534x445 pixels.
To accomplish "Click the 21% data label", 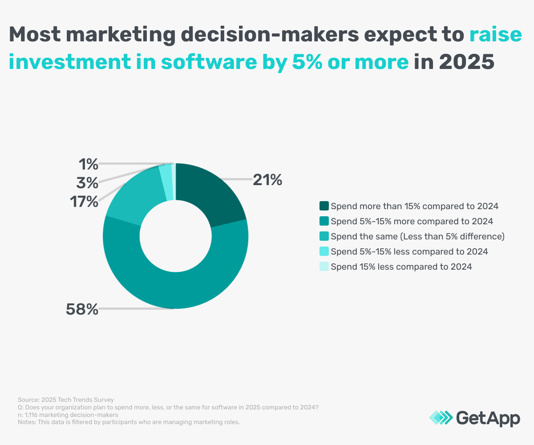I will (267, 180).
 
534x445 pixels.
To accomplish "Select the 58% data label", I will (82, 309).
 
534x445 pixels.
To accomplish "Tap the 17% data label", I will (84, 202).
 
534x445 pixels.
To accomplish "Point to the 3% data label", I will (87, 182).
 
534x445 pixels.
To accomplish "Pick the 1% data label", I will (88, 165).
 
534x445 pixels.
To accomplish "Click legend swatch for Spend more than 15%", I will (324, 206).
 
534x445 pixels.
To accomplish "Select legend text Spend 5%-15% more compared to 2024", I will (412, 221).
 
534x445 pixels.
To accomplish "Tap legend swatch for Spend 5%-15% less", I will (324, 251).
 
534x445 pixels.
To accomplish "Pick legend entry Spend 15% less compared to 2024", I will (401, 267).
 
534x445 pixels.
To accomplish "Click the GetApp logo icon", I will (441, 418).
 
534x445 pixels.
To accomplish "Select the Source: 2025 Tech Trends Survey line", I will (66, 400).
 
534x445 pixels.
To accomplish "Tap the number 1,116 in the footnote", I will (31, 415).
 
